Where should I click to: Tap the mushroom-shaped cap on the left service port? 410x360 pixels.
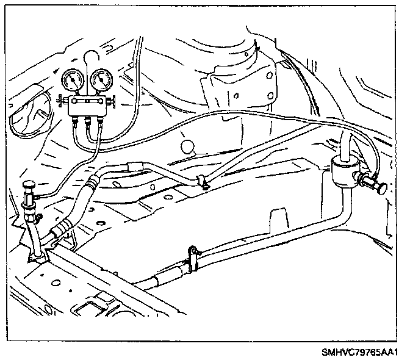coord(28,185)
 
